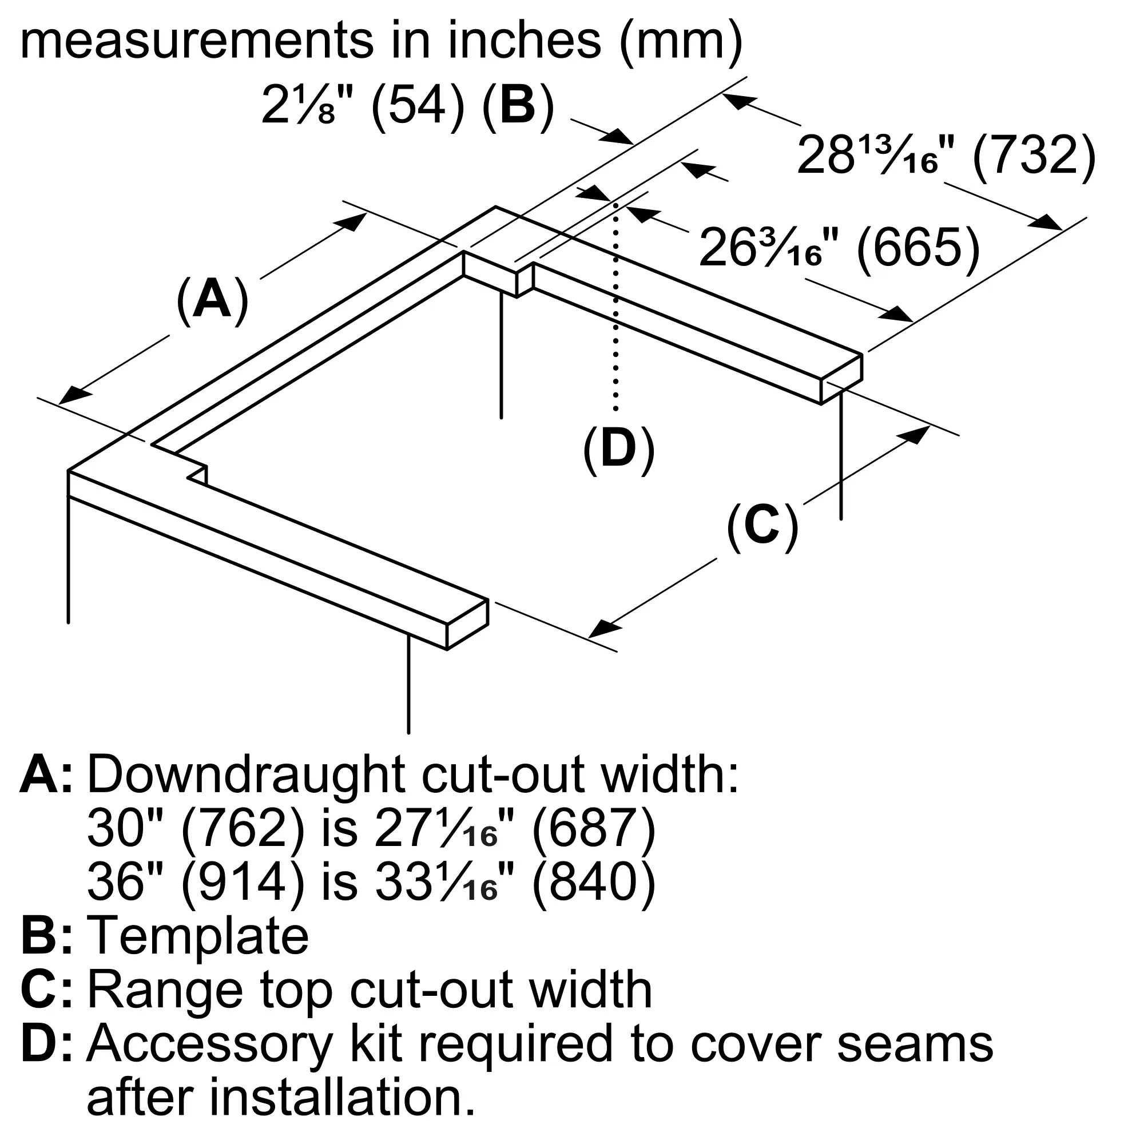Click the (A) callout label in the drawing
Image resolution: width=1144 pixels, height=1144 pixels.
[212, 301]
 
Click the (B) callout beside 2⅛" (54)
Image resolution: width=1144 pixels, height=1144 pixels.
[518, 107]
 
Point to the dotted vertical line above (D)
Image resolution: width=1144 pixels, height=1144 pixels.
[616, 308]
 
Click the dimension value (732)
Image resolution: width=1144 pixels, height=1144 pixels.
[1034, 156]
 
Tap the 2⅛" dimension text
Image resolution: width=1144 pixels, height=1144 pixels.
[307, 107]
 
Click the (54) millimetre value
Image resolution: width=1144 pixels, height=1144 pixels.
[418, 107]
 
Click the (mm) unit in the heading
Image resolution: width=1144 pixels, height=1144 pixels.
[680, 40]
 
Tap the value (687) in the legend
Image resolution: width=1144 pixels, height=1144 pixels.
[594, 829]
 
